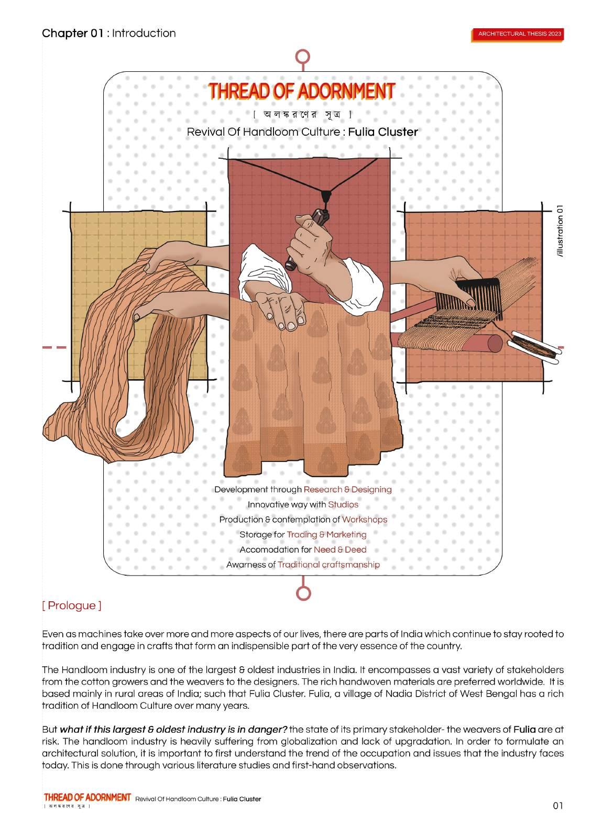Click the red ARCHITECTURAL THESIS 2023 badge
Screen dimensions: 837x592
point(519,34)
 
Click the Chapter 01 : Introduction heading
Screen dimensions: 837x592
point(109,34)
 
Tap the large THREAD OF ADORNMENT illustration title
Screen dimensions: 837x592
point(301,91)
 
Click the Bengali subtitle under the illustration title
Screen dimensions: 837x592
point(302,114)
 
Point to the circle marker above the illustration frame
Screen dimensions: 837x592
point(303,56)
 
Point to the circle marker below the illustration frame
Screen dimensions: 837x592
point(303,592)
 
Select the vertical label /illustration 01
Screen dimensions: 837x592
point(561,230)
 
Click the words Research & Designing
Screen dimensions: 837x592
point(347,489)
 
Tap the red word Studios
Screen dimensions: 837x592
point(343,504)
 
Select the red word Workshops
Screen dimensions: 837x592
point(364,519)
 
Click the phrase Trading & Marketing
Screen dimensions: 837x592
point(326,534)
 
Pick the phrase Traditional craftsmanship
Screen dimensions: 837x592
point(328,564)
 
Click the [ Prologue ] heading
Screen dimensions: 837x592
point(72,605)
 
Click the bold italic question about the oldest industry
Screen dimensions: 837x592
point(173,729)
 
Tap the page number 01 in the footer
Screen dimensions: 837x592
point(557,806)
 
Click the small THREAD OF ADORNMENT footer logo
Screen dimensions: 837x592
point(87,797)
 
